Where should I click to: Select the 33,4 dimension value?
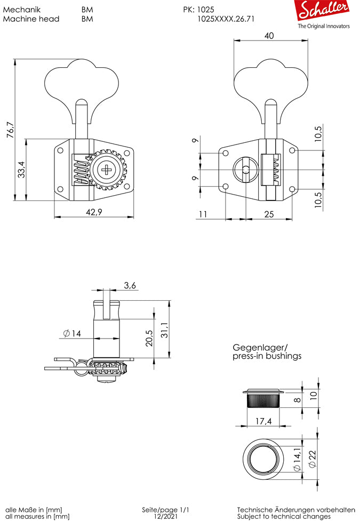[21, 170]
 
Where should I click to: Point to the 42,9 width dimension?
[94, 212]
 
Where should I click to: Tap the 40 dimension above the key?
[269, 36]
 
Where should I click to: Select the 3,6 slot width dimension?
[130, 285]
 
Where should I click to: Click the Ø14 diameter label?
[71, 333]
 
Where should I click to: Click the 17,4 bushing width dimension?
[263, 421]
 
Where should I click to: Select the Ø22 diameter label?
[312, 459]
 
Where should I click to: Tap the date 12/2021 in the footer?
[166, 516]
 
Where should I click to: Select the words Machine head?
[31, 18]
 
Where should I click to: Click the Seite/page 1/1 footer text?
[166, 510]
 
